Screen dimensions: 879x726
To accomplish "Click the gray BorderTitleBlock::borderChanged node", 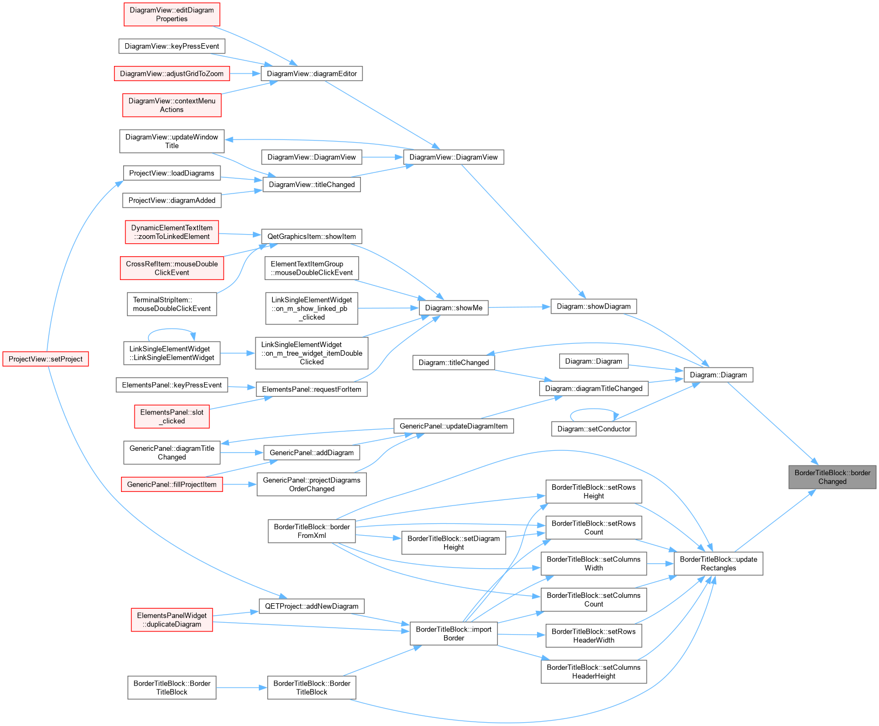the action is click(x=832, y=477).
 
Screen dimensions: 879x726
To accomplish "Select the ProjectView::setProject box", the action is click(x=45, y=359).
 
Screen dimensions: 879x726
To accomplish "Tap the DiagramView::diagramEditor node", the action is click(x=312, y=74).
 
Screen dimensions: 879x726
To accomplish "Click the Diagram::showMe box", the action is click(x=454, y=308).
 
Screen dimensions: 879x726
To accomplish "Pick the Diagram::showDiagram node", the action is click(x=594, y=306).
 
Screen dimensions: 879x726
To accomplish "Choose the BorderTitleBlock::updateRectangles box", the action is click(x=719, y=563).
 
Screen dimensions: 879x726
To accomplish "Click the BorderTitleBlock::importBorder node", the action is click(x=454, y=634).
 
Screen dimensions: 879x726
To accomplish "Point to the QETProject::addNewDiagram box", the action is click(x=312, y=606).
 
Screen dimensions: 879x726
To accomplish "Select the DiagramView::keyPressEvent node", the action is click(x=172, y=46).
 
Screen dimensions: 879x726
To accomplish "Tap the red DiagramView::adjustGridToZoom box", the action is click(x=172, y=74).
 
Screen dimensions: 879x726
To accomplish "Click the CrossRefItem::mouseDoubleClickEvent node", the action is click(x=172, y=268).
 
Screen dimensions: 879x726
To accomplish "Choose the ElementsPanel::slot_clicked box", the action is click(x=172, y=416).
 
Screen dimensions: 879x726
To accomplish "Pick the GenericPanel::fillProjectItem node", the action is click(x=172, y=484).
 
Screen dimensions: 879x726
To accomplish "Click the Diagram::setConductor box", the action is click(x=594, y=429).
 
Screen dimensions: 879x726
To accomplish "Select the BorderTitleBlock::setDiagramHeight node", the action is click(x=454, y=543).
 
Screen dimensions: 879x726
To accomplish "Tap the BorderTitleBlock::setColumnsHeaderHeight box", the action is click(x=594, y=671).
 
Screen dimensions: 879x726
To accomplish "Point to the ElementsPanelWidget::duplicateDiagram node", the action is click(x=172, y=620).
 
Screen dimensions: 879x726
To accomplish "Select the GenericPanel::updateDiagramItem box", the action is click(x=454, y=426).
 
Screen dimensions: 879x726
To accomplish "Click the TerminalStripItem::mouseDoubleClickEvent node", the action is click(x=172, y=304).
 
